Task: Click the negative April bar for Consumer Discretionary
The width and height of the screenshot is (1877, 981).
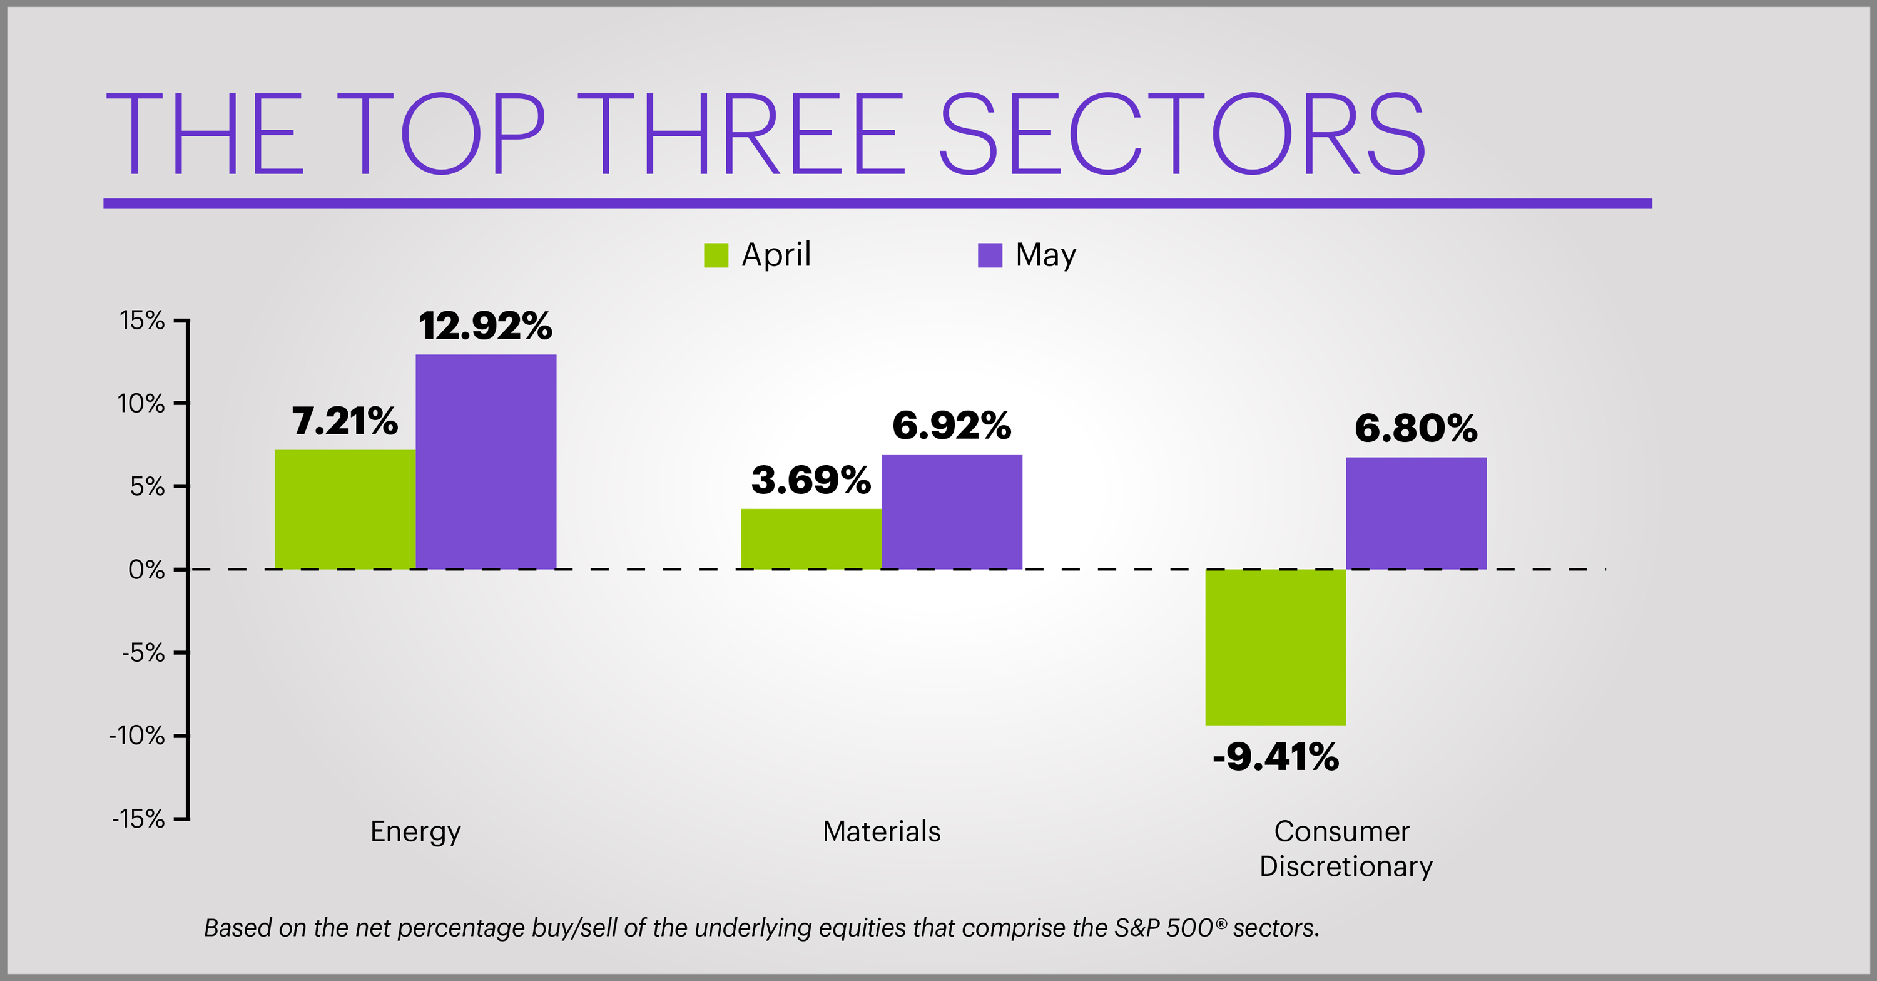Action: [1275, 647]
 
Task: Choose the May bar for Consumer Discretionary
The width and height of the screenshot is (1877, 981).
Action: [1416, 513]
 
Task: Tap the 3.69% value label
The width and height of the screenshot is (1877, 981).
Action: [810, 480]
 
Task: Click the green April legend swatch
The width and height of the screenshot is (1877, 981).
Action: [716, 255]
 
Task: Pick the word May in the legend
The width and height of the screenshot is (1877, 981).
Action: [1045, 255]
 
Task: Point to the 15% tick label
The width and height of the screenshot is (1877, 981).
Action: [142, 321]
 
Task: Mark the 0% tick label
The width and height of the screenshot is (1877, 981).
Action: [146, 569]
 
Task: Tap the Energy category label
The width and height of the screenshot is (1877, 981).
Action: [415, 831]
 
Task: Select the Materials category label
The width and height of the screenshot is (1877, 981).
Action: [881, 831]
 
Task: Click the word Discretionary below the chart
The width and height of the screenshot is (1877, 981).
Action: [1345, 866]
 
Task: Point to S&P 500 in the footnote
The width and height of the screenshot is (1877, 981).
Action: [1163, 928]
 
